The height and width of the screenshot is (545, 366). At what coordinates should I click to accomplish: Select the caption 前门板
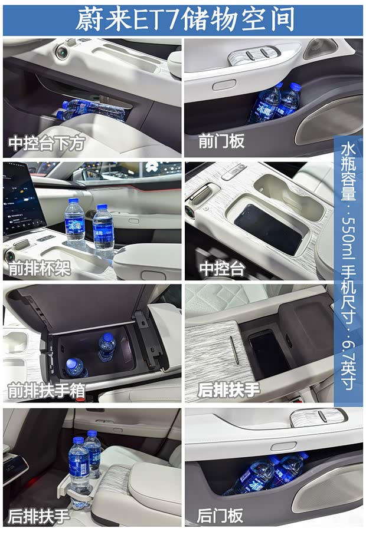pos(221,141)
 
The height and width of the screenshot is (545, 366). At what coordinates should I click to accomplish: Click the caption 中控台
pos(221,269)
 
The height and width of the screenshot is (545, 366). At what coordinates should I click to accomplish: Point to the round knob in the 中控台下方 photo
pos(61,52)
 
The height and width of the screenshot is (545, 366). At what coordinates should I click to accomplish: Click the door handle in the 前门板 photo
pos(224,85)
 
